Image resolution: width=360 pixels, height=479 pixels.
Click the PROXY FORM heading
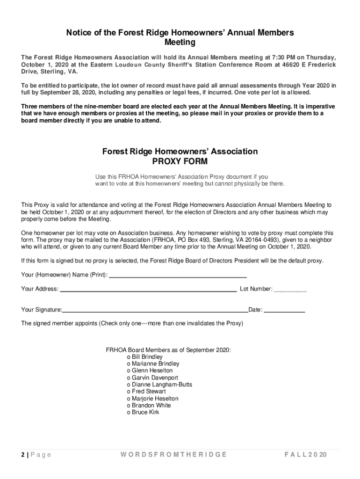(180, 161)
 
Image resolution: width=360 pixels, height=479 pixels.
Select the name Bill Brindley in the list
(147, 357)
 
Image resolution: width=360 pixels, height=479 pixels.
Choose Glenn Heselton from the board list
(152, 370)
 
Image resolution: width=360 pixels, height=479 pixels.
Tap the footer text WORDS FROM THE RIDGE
(173, 455)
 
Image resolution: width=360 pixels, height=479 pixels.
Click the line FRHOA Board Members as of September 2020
(168, 350)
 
